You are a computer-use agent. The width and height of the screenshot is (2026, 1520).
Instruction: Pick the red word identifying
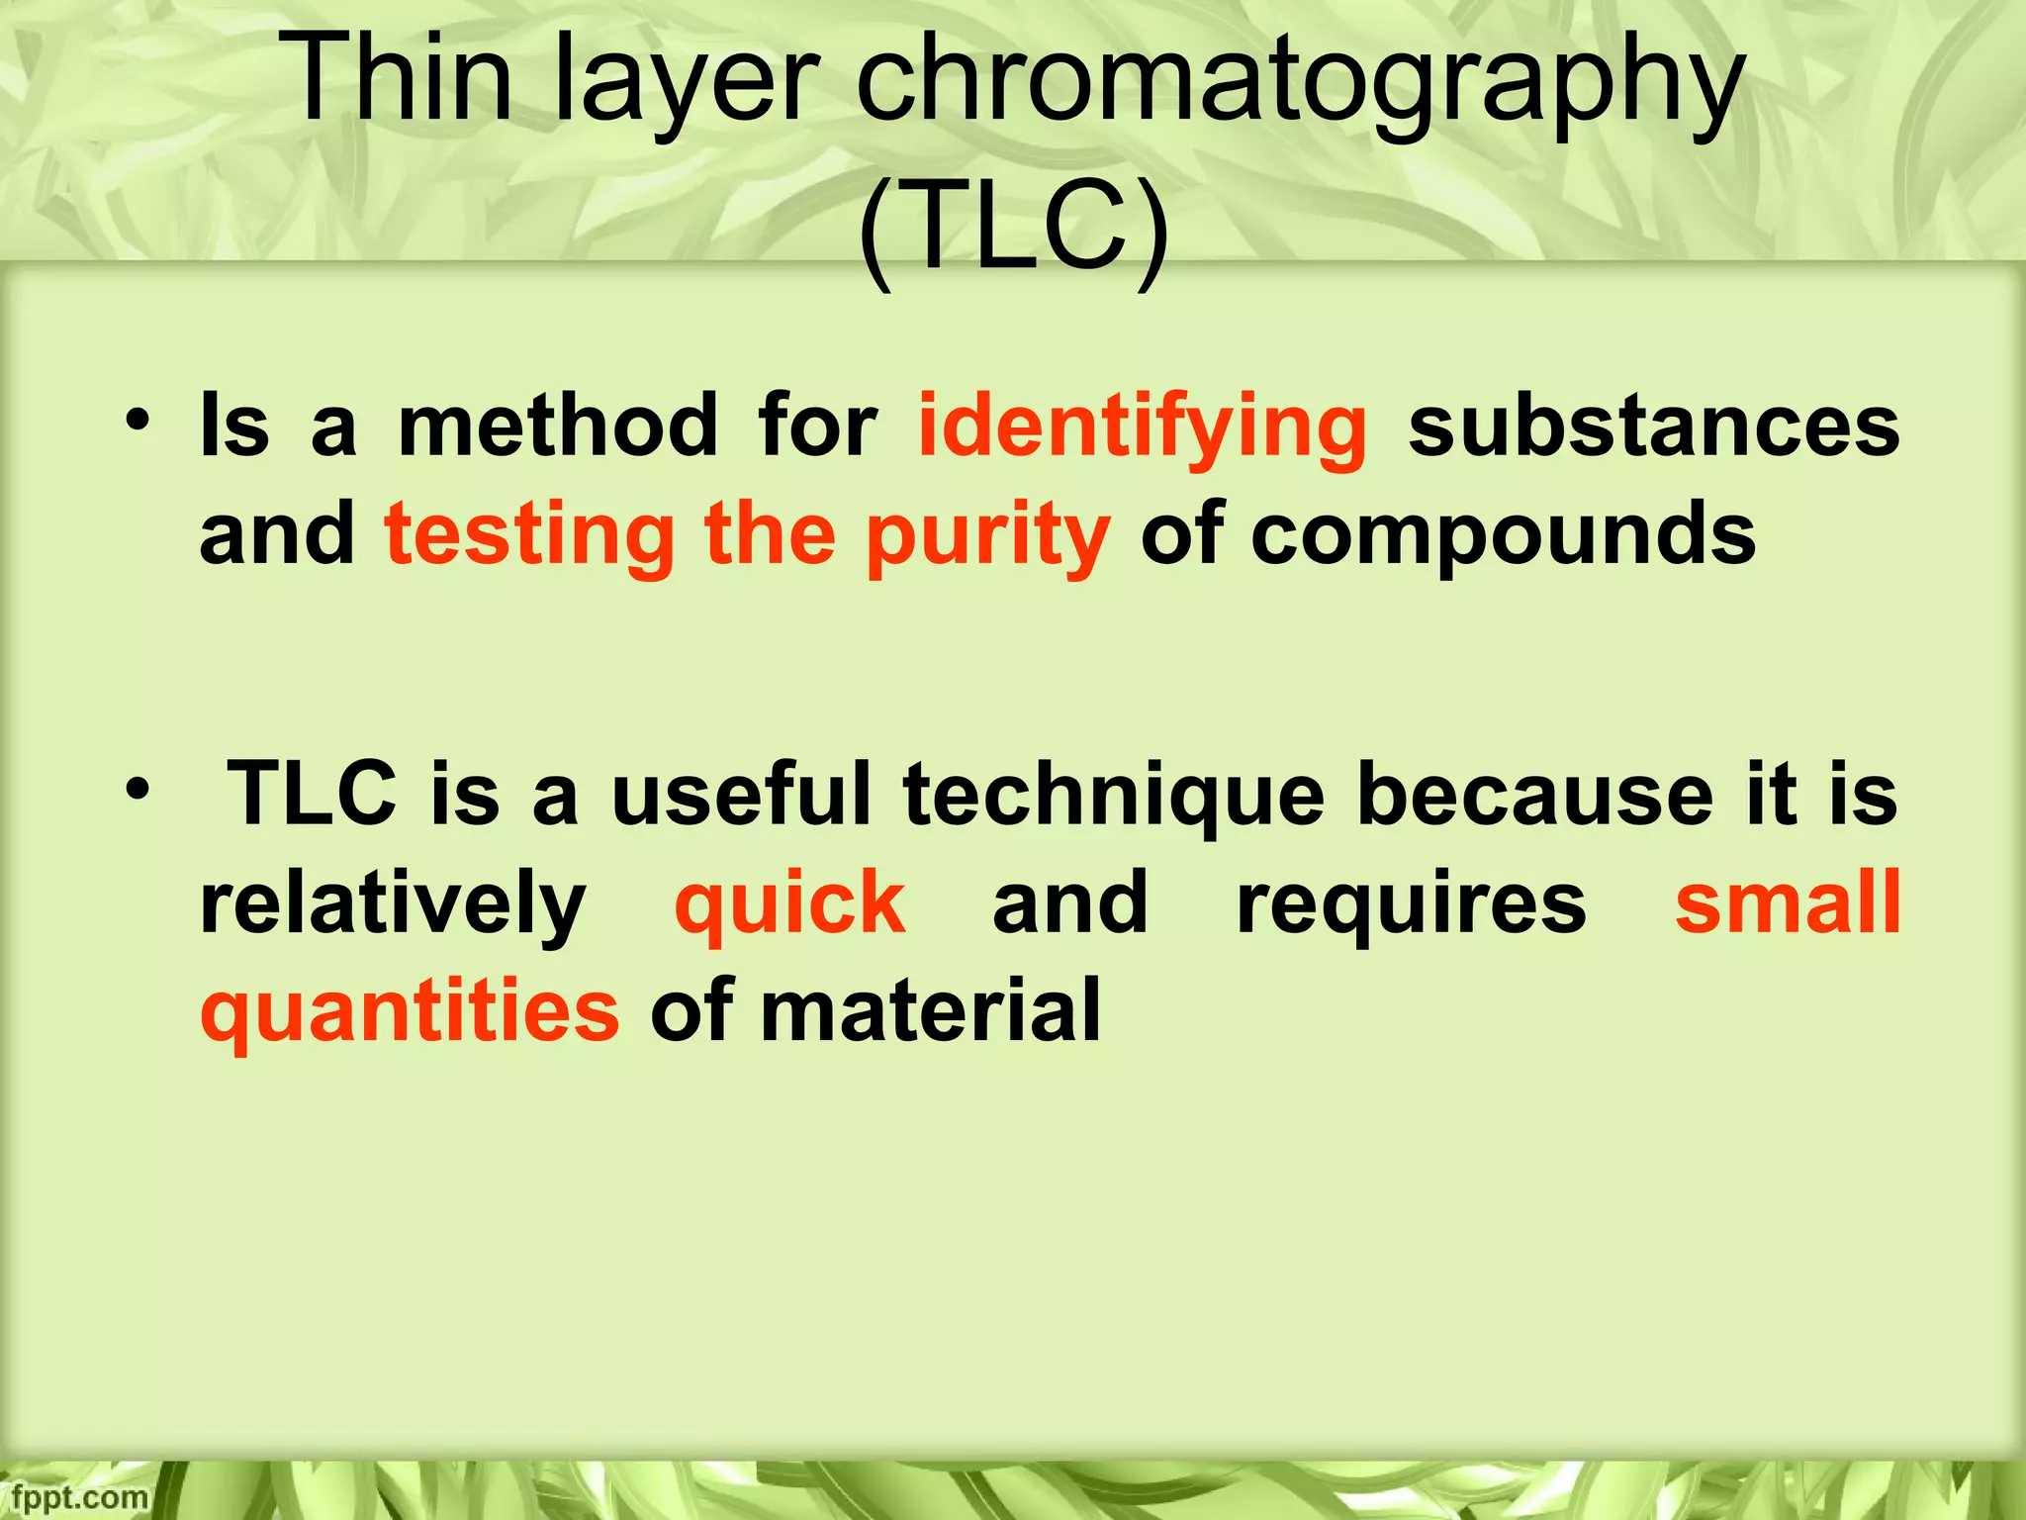coord(1143,428)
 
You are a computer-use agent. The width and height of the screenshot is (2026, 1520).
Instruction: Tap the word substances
coord(1653,427)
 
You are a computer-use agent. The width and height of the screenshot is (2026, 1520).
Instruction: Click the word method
coord(558,427)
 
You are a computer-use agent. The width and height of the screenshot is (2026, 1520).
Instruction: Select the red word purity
coord(988,537)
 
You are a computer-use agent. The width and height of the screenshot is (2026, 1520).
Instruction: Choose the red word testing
coord(529,537)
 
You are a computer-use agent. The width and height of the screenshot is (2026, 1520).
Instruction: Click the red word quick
coord(789,904)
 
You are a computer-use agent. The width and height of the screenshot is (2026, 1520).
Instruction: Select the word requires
coord(1412,904)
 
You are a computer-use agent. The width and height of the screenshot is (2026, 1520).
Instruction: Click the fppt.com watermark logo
coord(73,1497)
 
